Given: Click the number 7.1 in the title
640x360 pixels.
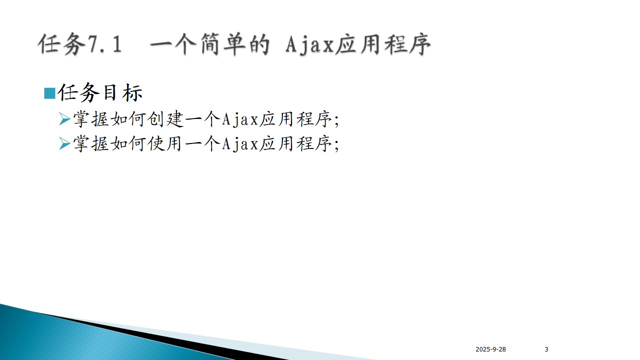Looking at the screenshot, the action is point(104,44).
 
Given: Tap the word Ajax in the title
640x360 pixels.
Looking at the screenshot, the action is point(309,44).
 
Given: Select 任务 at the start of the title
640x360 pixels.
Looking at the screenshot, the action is point(61,44).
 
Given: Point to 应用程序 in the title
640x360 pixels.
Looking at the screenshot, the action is point(383,44).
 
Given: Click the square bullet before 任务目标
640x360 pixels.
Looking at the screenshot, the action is point(49,93).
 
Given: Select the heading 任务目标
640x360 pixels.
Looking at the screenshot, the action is point(100,92).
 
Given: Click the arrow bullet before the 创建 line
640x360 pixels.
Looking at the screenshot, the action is point(64,119).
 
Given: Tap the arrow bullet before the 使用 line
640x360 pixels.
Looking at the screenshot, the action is point(64,143).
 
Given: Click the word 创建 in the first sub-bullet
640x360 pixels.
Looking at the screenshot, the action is point(165,119).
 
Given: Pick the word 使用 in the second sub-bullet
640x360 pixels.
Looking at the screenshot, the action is point(165,143).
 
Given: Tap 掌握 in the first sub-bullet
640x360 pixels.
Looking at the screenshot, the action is point(91,119).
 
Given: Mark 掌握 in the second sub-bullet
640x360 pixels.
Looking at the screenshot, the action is point(91,143).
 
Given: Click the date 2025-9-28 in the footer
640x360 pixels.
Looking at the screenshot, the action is point(490,349).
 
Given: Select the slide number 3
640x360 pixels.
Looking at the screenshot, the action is point(546,349).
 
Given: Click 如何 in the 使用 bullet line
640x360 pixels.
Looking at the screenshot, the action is point(128,143).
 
